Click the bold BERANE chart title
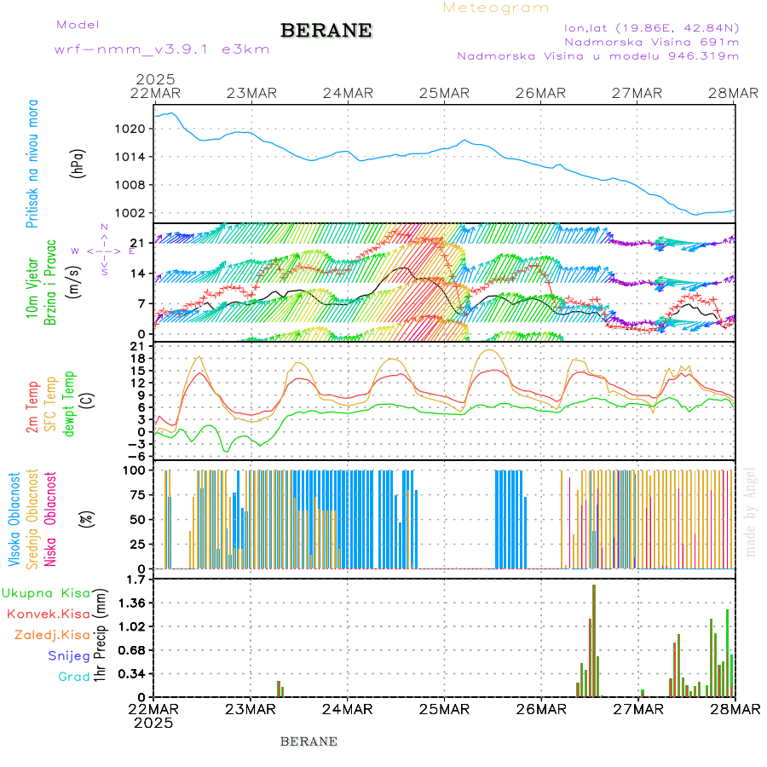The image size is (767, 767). click(x=326, y=31)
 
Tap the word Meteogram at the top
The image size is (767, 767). click(x=496, y=8)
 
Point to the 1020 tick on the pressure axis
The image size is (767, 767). click(x=136, y=129)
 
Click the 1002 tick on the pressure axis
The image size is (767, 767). click(x=136, y=213)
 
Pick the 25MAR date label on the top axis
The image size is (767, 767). click(x=444, y=93)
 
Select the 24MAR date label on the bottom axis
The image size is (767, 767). click(x=348, y=709)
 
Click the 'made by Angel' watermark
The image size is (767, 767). click(x=751, y=511)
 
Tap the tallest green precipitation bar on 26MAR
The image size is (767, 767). click(x=594, y=639)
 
